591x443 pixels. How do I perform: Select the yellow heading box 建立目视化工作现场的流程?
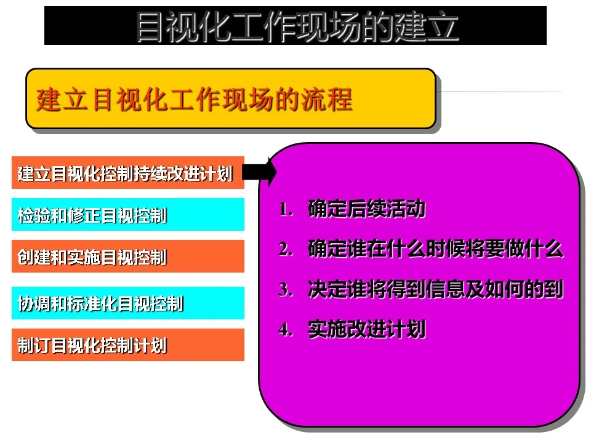(231, 98)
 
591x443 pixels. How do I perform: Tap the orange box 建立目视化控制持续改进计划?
(128, 172)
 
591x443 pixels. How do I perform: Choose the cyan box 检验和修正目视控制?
(128, 214)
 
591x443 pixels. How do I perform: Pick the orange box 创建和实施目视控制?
(128, 256)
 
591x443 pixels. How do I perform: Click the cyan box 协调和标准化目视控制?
(128, 303)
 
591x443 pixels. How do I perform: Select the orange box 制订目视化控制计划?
(128, 345)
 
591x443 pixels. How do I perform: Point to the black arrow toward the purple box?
(259, 172)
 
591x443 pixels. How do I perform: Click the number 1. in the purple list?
(286, 209)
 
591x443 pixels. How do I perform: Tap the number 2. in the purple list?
(286, 249)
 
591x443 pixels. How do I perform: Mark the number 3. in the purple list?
(286, 290)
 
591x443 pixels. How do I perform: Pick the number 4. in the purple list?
(286, 330)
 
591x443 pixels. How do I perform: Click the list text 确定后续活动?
(367, 209)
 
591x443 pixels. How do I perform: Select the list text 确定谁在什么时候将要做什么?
(436, 249)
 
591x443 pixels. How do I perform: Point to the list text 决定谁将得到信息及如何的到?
(436, 289)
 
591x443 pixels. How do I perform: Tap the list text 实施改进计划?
(367, 329)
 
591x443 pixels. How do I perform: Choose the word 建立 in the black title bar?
(426, 26)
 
